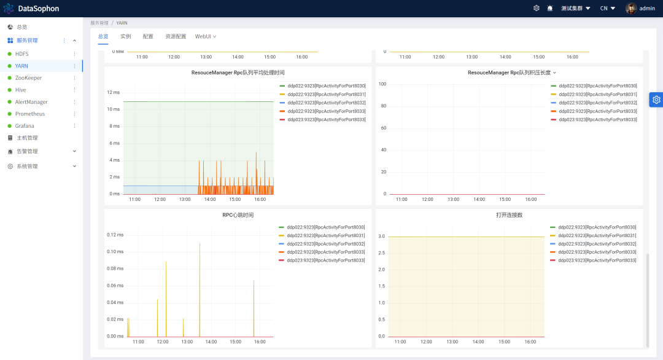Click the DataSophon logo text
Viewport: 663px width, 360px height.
pyautogui.click(x=39, y=9)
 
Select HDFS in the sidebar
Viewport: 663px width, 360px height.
pyautogui.click(x=22, y=53)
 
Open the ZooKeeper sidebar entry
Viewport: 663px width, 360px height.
pyautogui.click(x=28, y=78)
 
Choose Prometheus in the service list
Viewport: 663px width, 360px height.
pyautogui.click(x=30, y=114)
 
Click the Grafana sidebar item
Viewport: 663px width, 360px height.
pyautogui.click(x=25, y=126)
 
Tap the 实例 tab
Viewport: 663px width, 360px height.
pyautogui.click(x=126, y=36)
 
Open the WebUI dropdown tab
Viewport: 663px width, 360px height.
pyautogui.click(x=206, y=36)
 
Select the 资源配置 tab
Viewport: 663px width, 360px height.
pyautogui.click(x=176, y=36)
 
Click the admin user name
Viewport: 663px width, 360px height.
pyautogui.click(x=647, y=9)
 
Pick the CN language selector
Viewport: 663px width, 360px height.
pyautogui.click(x=608, y=9)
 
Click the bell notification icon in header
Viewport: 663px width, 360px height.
pyautogui.click(x=549, y=8)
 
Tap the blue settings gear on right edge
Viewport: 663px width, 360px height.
pyautogui.click(x=656, y=100)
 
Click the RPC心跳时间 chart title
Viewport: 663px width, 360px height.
pyautogui.click(x=238, y=215)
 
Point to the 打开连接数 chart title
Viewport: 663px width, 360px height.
pyautogui.click(x=509, y=215)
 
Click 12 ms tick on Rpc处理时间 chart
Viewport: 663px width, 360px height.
pyautogui.click(x=114, y=92)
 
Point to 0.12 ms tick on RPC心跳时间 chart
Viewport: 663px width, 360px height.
pyautogui.click(x=115, y=235)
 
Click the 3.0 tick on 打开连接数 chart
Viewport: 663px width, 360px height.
pyautogui.click(x=381, y=236)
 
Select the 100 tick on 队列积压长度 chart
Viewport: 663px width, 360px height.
pyautogui.click(x=382, y=84)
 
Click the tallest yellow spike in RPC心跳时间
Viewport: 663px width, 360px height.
pyautogui.click(x=200, y=290)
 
